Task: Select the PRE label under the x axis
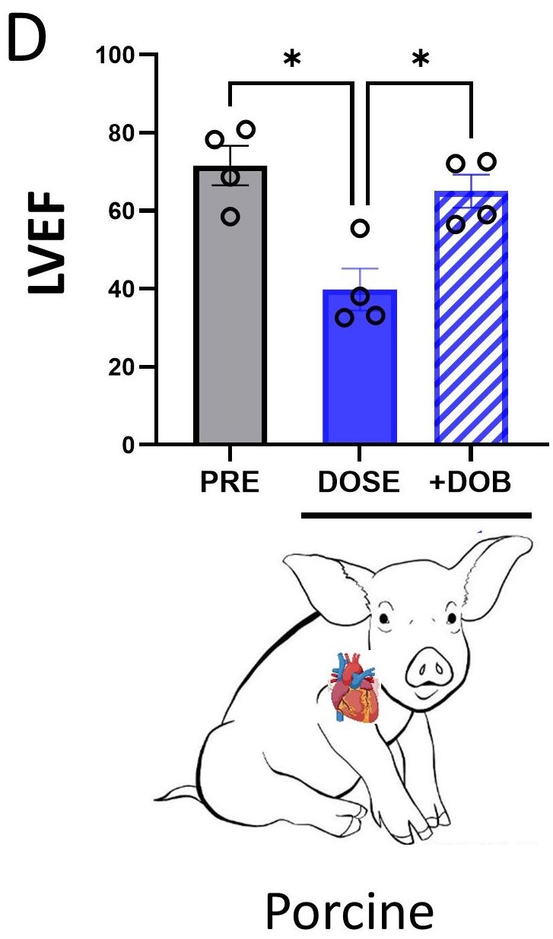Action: [230, 484]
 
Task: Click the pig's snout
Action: [434, 670]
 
